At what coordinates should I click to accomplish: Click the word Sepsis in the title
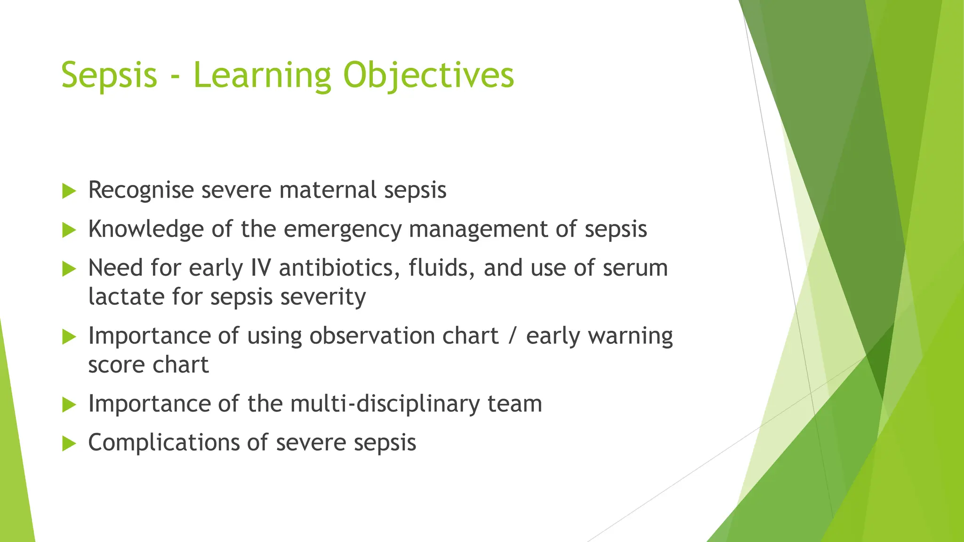tap(109, 75)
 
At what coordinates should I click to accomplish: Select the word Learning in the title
tap(263, 75)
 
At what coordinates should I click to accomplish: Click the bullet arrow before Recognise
tap(69, 191)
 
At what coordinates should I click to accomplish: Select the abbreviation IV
tap(261, 268)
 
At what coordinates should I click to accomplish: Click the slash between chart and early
tap(512, 336)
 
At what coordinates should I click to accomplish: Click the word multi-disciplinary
tap(385, 404)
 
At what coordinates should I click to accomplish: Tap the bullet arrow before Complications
tap(69, 443)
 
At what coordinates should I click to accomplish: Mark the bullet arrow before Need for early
tap(69, 269)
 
